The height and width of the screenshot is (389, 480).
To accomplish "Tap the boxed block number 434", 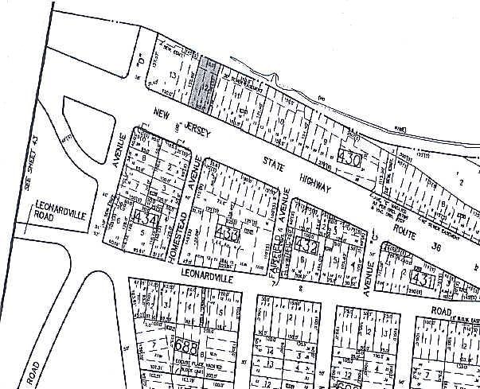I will (x=146, y=218).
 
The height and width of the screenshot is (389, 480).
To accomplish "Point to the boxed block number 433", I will (x=228, y=235).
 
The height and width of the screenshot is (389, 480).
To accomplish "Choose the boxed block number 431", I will (x=422, y=278).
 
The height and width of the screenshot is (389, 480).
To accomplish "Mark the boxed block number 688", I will (x=185, y=347).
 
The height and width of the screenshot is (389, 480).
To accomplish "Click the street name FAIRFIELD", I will (x=279, y=236).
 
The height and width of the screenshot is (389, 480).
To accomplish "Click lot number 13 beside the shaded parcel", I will (x=173, y=74).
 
